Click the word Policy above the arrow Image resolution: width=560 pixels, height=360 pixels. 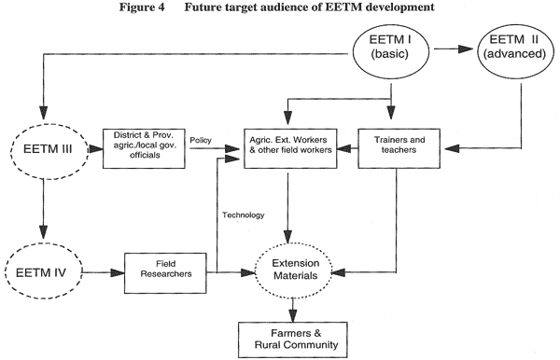[x=201, y=140]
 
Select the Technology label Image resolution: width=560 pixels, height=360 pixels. [x=244, y=215]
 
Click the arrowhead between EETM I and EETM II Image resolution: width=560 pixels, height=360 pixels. [x=466, y=48]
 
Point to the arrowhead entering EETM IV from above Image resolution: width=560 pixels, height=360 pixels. [x=43, y=231]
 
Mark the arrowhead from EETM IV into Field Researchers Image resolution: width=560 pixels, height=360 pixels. [x=118, y=273]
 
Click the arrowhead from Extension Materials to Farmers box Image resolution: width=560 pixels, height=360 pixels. [x=293, y=316]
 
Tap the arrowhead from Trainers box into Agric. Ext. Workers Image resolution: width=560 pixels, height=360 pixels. [x=343, y=148]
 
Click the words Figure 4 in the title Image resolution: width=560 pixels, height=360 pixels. [x=142, y=7]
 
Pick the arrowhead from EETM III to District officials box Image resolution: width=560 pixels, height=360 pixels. [x=96, y=149]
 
